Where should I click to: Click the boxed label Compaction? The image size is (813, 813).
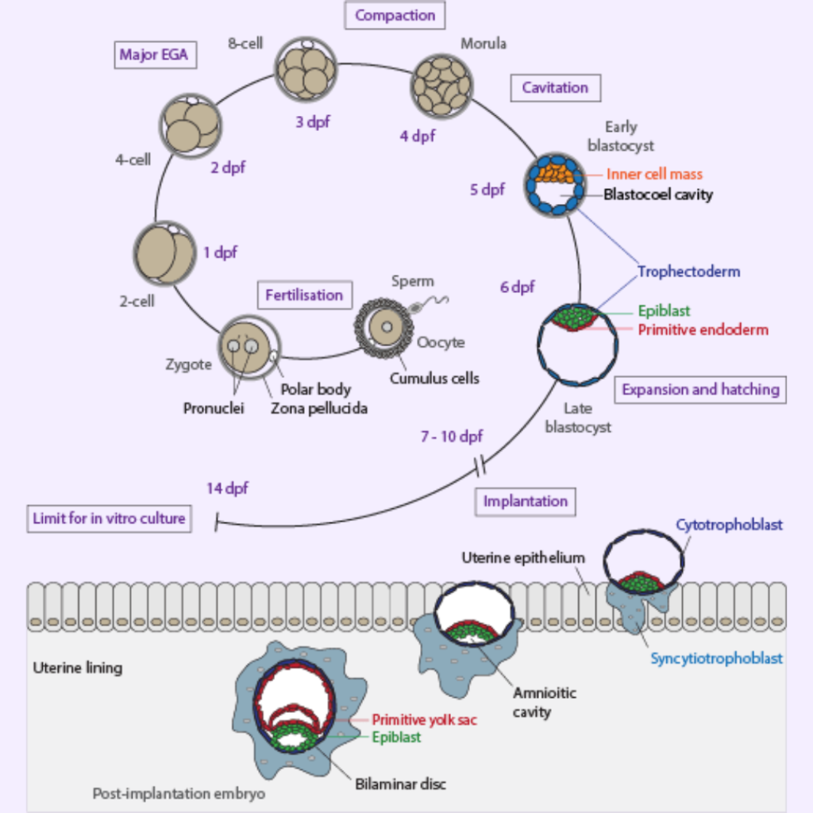[395, 15]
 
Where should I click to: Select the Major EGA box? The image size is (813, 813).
[154, 56]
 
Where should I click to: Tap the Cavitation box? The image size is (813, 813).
[555, 88]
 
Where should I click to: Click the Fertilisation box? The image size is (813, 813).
[304, 295]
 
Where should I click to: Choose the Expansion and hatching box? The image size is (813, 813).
[700, 390]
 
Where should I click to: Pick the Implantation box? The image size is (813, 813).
[525, 502]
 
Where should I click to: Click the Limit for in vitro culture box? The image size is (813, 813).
[109, 518]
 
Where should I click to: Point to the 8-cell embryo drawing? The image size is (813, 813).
[306, 70]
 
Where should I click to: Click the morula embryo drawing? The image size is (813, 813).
[441, 84]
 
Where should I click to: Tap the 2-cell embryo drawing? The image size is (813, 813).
[164, 253]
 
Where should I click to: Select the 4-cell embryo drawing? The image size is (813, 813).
[191, 125]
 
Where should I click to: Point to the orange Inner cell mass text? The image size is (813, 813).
[654, 174]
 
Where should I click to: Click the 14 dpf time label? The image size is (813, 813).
[228, 489]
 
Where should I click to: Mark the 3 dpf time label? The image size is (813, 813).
[313, 122]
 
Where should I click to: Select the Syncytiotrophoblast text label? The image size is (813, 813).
[716, 658]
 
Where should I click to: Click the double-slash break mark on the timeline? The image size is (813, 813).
[480, 462]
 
